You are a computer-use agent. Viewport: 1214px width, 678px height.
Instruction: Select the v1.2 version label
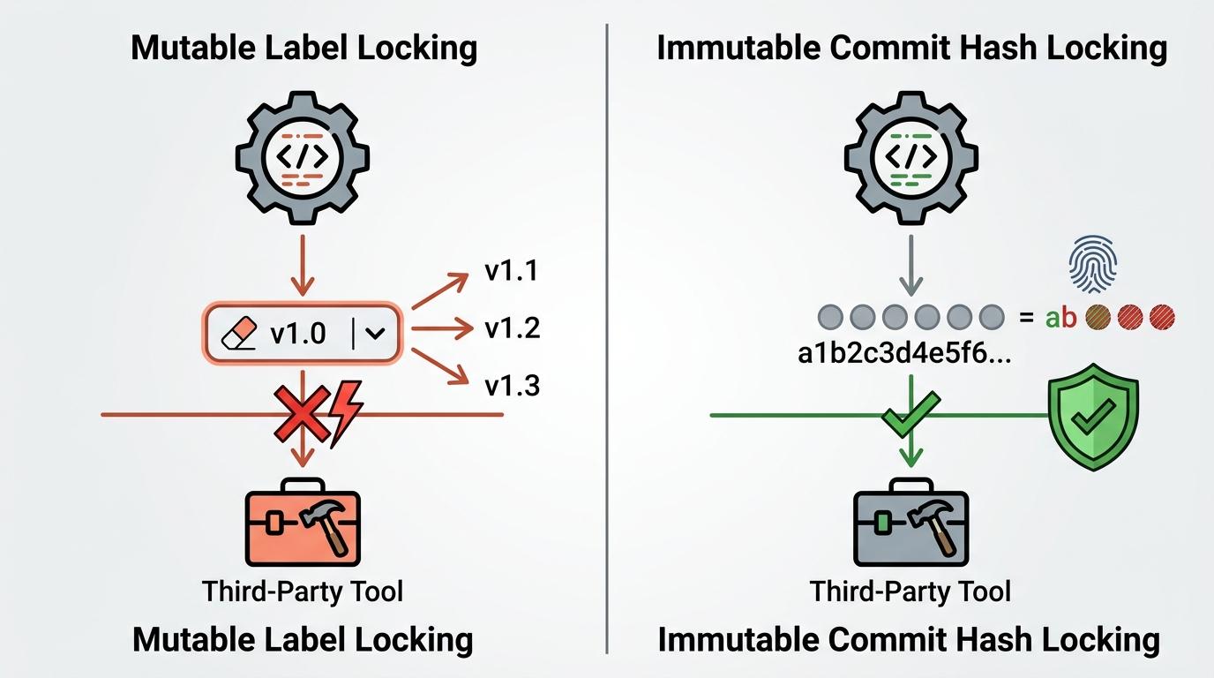pyautogui.click(x=512, y=328)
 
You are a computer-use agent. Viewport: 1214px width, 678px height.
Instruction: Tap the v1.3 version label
pyautogui.click(x=512, y=386)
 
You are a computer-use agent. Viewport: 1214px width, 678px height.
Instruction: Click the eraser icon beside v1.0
pyautogui.click(x=238, y=333)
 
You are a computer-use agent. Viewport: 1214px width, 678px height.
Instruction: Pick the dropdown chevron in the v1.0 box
pyautogui.click(x=375, y=333)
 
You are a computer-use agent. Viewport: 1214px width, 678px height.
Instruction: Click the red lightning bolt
pyautogui.click(x=345, y=411)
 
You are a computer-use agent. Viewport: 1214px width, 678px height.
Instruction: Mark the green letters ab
pyautogui.click(x=1060, y=317)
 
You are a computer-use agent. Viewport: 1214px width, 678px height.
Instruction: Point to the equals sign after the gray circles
pyautogui.click(x=1026, y=316)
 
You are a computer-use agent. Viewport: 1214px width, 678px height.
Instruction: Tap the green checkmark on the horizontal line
pyautogui.click(x=910, y=415)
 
